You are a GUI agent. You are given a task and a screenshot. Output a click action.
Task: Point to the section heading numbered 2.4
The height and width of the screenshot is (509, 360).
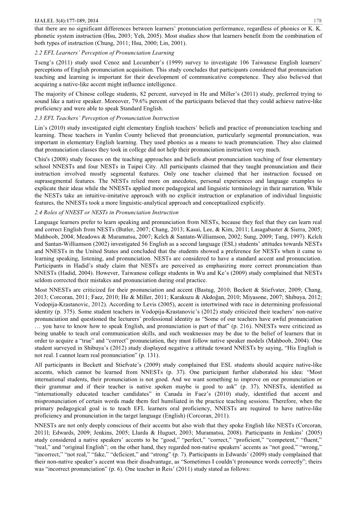point(107,212)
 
